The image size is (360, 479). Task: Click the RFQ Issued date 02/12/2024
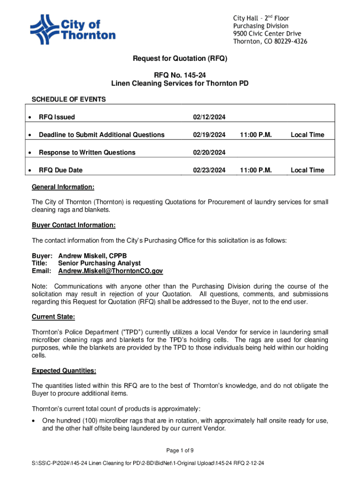[x=209, y=117]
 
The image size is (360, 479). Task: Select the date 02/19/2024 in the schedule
[x=209, y=135]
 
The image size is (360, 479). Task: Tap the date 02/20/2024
[x=209, y=152]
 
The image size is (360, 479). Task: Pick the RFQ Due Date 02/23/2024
[x=209, y=170]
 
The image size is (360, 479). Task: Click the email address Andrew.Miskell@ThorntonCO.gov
[x=110, y=271]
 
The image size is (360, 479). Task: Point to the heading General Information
[x=63, y=187]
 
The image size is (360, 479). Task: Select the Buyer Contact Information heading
[x=73, y=225]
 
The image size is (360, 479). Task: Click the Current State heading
[x=53, y=317]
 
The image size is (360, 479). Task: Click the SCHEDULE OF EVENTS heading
[x=69, y=99]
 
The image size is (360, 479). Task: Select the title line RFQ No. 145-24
[x=180, y=74]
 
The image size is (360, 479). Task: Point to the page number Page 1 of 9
[x=180, y=450]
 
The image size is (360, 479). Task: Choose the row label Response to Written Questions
[x=87, y=152]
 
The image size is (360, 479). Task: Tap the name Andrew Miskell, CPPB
[x=93, y=256]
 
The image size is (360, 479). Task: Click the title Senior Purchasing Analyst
[x=100, y=263]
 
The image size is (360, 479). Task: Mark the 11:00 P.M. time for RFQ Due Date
[x=256, y=170]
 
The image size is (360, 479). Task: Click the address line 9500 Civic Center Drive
[x=267, y=34]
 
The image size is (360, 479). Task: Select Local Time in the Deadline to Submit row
[x=307, y=135]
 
